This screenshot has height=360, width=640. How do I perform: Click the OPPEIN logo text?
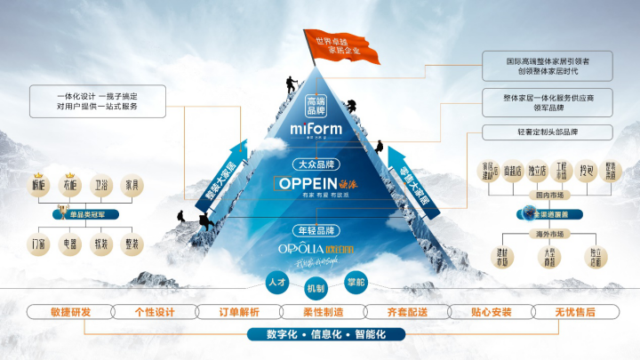pos(306,182)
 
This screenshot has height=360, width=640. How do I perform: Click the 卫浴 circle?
pos(102,188)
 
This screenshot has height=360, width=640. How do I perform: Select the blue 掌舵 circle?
pos(356,282)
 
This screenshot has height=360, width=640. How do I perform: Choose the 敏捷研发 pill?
pos(70,312)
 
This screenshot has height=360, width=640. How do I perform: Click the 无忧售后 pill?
pos(574,312)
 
